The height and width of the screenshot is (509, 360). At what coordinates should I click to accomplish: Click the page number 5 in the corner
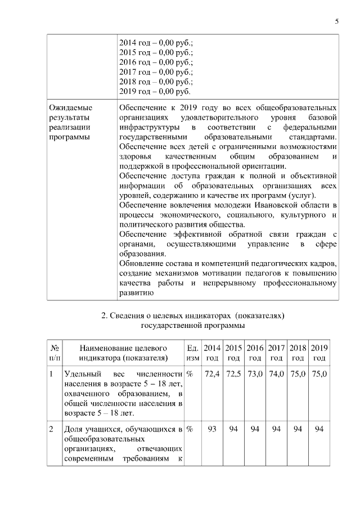336,21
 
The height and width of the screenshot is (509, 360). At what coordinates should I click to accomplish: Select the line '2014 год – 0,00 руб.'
156,43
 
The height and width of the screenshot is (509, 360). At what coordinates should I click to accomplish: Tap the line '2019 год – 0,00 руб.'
155,91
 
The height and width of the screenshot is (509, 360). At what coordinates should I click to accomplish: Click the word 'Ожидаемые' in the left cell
70,107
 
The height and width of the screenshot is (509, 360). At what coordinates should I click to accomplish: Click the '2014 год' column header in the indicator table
212,353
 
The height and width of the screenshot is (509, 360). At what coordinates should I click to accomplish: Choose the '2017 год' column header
276,353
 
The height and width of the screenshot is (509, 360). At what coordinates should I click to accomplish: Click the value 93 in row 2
212,430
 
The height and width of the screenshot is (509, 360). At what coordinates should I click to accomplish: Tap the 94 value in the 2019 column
319,430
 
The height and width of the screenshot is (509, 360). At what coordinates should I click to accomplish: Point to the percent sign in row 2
190,430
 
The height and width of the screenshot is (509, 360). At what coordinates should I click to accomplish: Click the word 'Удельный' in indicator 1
80,374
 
